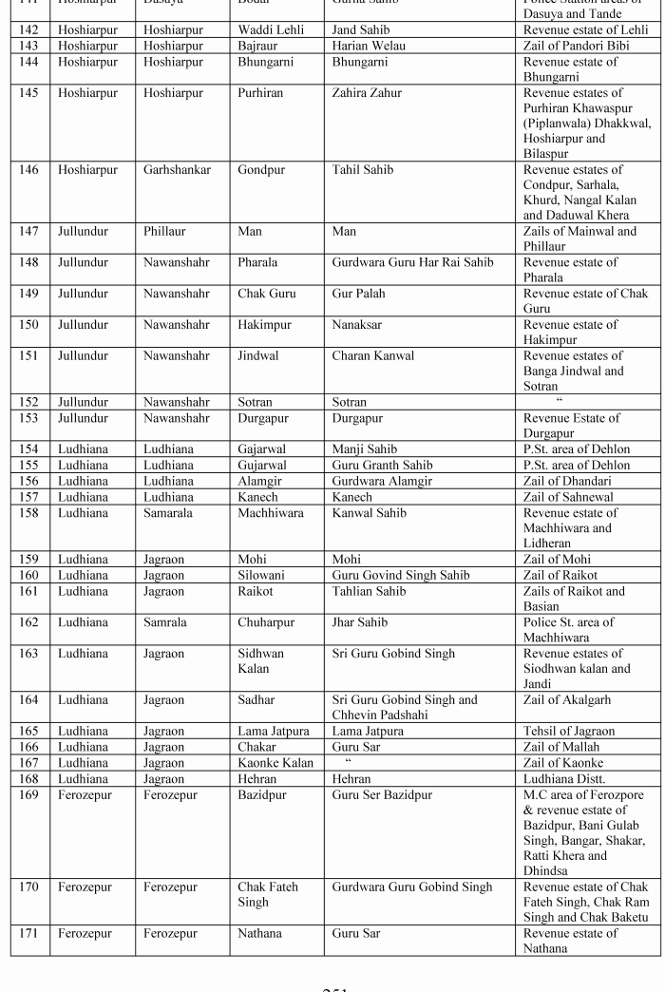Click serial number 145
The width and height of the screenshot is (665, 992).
29,93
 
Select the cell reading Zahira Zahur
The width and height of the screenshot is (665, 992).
367,93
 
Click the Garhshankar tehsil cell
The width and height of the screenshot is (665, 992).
177,170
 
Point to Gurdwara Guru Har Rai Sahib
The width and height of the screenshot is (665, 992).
412,262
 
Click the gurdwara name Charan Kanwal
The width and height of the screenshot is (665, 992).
373,356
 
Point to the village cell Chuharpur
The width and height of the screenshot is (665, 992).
266,622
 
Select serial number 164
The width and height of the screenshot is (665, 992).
29,700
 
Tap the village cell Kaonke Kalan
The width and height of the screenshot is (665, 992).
275,762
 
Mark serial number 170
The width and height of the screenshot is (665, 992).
29,887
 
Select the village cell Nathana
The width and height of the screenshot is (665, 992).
259,934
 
